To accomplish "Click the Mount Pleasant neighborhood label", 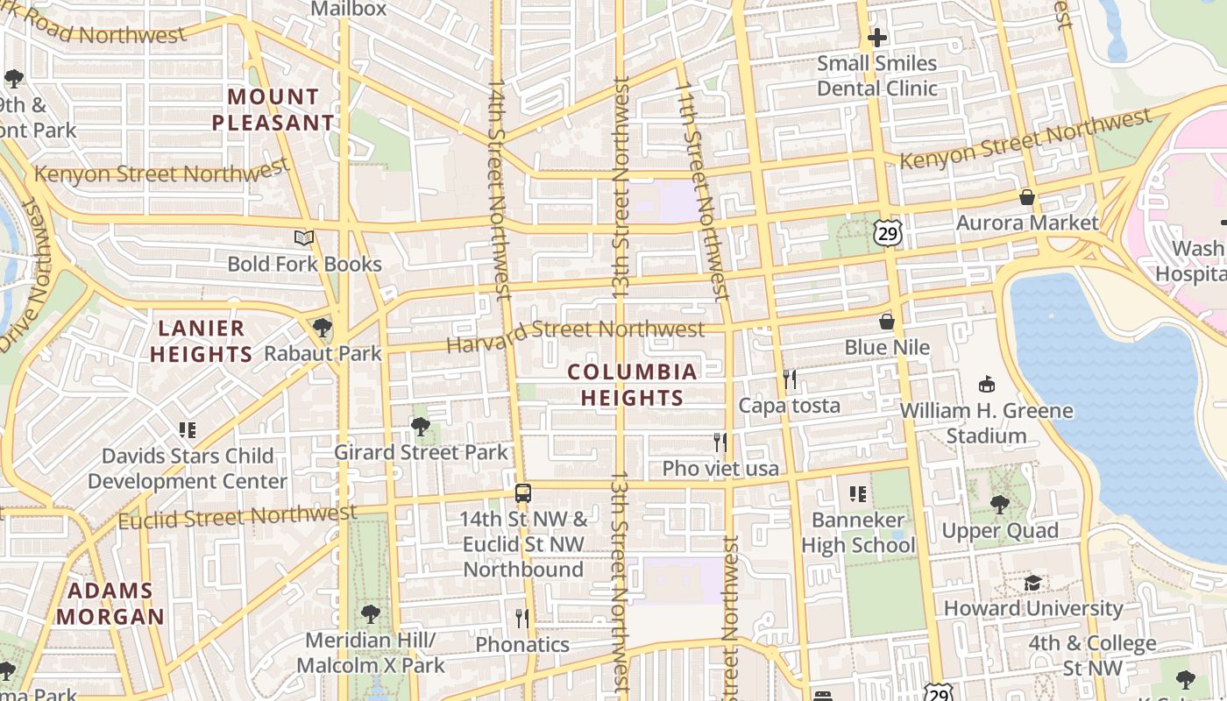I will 273,110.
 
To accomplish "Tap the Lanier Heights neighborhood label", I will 202,341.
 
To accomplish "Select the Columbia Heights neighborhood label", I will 632,385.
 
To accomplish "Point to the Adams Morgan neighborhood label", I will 110,604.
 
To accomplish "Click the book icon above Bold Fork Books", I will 304,237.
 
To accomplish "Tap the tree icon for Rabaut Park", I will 323,328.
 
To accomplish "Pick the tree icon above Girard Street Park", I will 421,427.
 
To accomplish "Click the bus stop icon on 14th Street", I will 523,492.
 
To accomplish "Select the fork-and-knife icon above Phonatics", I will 522,619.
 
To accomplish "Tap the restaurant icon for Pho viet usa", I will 720,443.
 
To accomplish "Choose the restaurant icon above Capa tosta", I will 790,379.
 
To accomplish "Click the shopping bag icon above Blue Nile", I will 887,322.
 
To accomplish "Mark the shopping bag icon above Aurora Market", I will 1026,197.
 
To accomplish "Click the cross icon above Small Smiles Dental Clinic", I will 876,38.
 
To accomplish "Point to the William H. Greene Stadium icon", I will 987,384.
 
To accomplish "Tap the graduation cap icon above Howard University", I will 1033,583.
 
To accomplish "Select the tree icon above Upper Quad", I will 999,505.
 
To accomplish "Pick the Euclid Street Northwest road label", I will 238,516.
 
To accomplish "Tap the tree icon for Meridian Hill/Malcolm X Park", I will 371,614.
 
